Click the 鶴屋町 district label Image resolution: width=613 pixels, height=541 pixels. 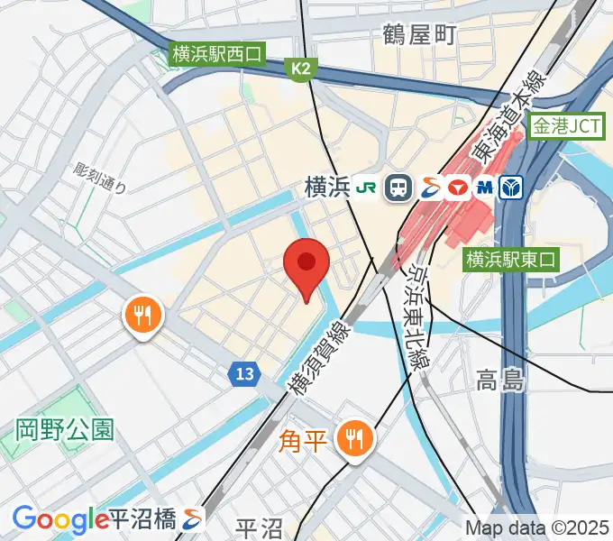(x=420, y=35)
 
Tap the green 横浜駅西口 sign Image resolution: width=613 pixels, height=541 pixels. (x=216, y=53)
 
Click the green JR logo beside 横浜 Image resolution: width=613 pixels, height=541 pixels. (x=367, y=187)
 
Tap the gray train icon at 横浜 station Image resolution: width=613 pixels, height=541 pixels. (x=397, y=187)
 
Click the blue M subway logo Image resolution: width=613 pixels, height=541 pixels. (x=485, y=187)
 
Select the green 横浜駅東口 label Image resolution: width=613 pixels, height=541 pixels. (x=511, y=260)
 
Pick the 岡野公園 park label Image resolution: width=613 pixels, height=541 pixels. (x=65, y=429)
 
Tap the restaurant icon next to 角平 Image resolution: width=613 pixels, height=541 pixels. (x=352, y=440)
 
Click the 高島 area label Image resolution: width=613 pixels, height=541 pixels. (x=500, y=381)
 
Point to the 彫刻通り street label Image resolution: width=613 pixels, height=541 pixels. (x=101, y=179)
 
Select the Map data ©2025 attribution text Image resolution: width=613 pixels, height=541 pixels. (x=537, y=527)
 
